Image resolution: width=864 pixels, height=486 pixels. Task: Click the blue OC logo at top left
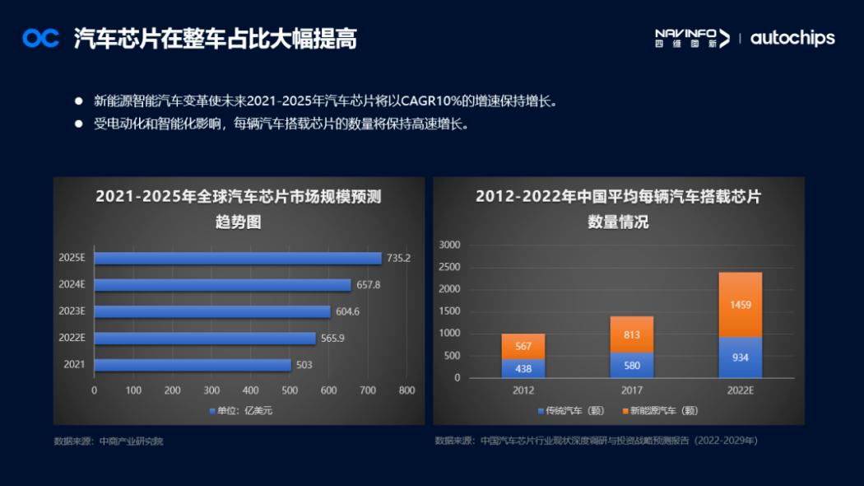(40, 38)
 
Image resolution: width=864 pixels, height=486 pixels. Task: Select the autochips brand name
(792, 38)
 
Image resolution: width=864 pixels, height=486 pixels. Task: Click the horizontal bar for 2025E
(238, 258)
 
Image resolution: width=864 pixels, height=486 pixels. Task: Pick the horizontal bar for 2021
(193, 365)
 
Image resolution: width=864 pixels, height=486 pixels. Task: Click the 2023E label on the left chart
(72, 311)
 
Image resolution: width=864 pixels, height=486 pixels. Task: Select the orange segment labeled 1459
(740, 305)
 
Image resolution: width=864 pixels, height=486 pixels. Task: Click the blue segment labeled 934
(740, 357)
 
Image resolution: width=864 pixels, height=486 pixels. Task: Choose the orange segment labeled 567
(523, 346)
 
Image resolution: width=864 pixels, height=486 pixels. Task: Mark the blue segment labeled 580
(631, 365)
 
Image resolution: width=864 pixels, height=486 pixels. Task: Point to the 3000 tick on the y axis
(449, 245)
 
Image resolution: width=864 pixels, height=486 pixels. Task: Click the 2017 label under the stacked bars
(631, 390)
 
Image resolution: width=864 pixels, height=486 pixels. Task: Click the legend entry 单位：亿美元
(240, 410)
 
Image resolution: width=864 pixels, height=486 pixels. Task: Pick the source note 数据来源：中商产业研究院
(109, 442)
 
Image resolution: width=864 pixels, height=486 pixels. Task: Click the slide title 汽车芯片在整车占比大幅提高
(216, 38)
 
